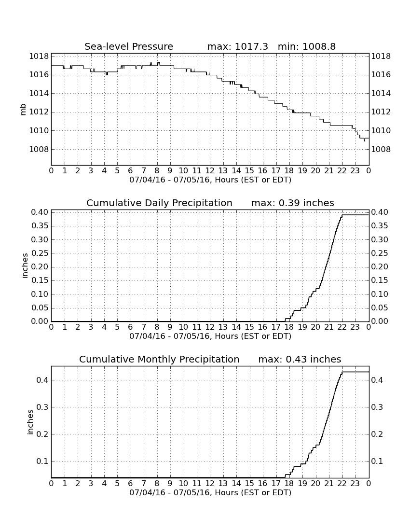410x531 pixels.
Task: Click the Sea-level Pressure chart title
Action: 129,46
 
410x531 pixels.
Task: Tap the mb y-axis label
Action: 23,110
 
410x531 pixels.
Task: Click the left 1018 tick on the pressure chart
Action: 39,56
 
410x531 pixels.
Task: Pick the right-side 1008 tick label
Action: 381,149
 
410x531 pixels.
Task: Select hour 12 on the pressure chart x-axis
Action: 210,170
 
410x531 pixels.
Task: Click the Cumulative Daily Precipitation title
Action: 159,203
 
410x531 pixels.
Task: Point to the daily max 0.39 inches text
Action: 293,203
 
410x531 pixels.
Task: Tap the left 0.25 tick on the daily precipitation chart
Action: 40,253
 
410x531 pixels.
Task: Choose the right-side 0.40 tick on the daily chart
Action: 380,212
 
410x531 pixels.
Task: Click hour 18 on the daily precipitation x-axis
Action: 289,327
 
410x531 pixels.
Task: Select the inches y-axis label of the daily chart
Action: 24,266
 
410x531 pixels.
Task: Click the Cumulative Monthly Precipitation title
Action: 159,359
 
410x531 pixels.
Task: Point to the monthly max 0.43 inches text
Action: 300,359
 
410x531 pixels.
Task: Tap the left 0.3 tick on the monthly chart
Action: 42,407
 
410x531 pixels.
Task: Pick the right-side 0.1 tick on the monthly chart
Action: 378,461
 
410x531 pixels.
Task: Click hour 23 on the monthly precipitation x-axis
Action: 355,483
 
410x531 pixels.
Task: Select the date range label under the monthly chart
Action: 210,492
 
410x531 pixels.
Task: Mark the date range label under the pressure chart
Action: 210,180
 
